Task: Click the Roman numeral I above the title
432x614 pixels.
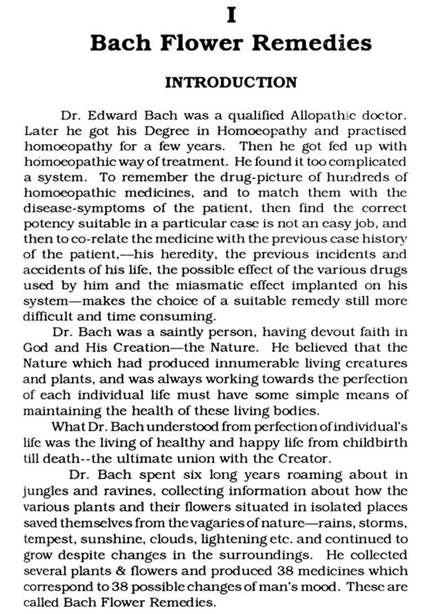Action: (x=232, y=16)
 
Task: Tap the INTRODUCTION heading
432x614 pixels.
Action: (x=231, y=83)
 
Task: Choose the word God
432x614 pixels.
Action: (x=37, y=349)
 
